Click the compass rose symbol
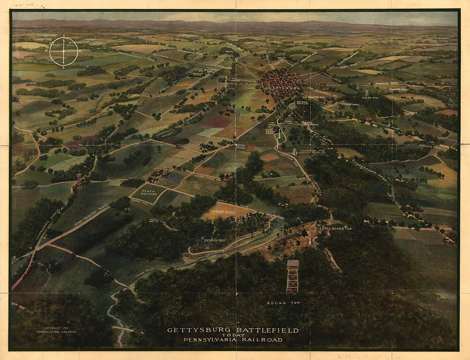64,51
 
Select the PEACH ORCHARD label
148,193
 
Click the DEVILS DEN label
214,240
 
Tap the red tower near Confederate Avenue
79,181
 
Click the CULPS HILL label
370,97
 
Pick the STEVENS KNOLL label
350,104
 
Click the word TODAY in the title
233,335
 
